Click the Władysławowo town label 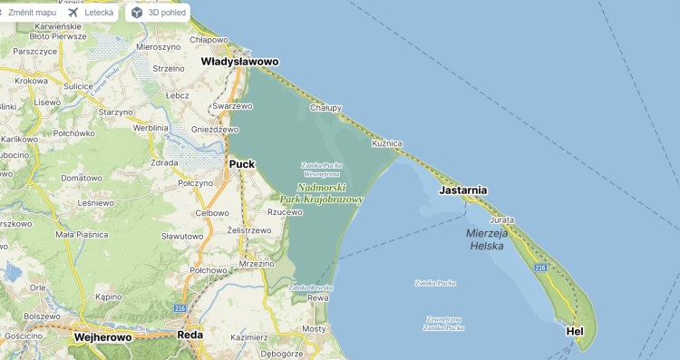click(239, 62)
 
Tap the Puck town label click(242, 164)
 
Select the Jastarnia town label click(463, 191)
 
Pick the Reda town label click(190, 335)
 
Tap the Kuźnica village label click(386, 144)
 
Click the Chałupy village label click(325, 107)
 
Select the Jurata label click(500, 220)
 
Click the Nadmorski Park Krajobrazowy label click(321, 192)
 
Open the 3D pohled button click(159, 13)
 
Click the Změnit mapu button click(27, 13)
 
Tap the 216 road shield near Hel click(540, 268)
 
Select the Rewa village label click(317, 297)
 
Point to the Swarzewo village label click(231, 106)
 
